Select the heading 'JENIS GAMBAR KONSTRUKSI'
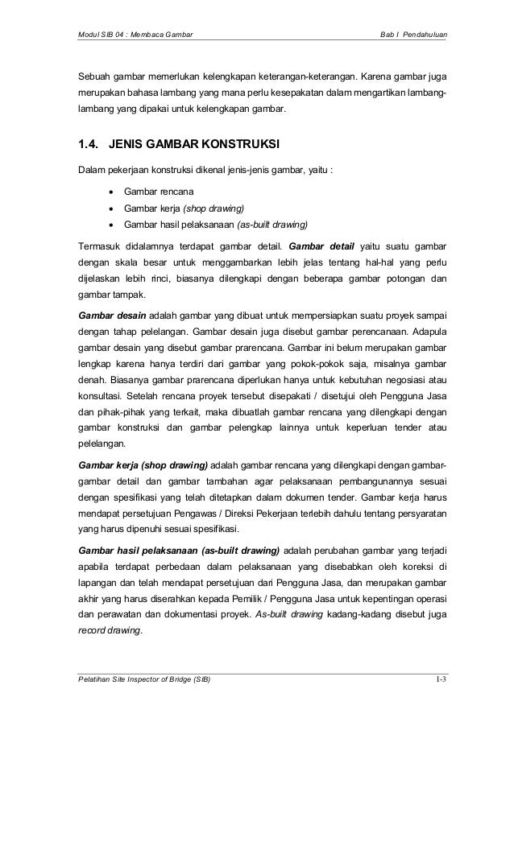click(193, 146)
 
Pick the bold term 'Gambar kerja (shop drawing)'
click(142, 465)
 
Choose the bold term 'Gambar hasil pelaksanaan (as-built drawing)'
click(179, 551)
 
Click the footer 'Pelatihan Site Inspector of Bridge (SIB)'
click(143, 681)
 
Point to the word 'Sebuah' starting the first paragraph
click(93, 78)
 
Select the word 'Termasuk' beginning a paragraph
click(100, 246)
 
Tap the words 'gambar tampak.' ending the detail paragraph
click(109, 295)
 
